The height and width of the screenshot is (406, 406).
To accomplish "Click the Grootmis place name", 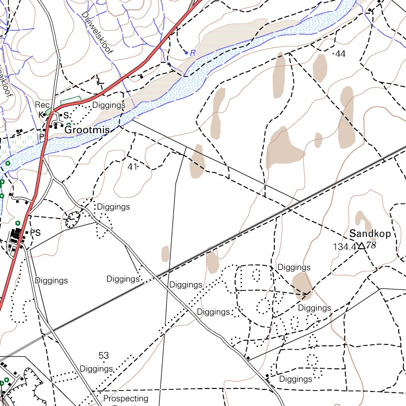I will tap(87, 130).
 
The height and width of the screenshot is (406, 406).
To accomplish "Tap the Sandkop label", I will tap(370, 234).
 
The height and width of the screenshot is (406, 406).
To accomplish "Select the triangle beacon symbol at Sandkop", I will tap(361, 246).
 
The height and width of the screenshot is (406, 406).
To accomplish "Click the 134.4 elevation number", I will tap(345, 247).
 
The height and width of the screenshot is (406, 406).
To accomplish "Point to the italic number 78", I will tap(371, 245).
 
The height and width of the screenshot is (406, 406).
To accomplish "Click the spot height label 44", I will tap(340, 54).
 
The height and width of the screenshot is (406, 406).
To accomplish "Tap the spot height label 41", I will tap(132, 167).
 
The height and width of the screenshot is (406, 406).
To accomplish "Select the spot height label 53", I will tap(103, 356).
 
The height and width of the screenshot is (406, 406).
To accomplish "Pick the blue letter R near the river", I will tap(193, 52).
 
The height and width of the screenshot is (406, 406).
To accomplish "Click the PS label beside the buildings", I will tap(36, 233).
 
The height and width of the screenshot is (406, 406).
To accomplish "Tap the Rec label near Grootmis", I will tap(42, 105).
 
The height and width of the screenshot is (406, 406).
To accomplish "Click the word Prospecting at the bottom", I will tap(126, 398).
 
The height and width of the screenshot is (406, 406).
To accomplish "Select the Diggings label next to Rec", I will tap(109, 105).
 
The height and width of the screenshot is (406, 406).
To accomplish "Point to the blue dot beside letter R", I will tap(186, 52).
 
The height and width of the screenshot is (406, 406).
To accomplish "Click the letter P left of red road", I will tap(41, 136).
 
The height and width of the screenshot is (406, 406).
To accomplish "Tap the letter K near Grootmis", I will tap(40, 115).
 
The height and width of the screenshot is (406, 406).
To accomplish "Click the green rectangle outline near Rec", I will tap(71, 100).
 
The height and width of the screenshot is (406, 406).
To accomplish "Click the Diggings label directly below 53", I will tap(96, 369).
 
